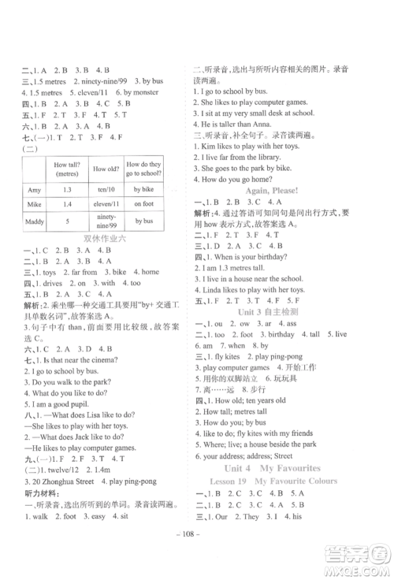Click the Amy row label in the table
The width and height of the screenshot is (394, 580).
[x=34, y=190]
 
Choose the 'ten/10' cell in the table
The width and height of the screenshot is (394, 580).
[x=104, y=190]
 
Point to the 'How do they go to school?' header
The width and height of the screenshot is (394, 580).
[x=143, y=168]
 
